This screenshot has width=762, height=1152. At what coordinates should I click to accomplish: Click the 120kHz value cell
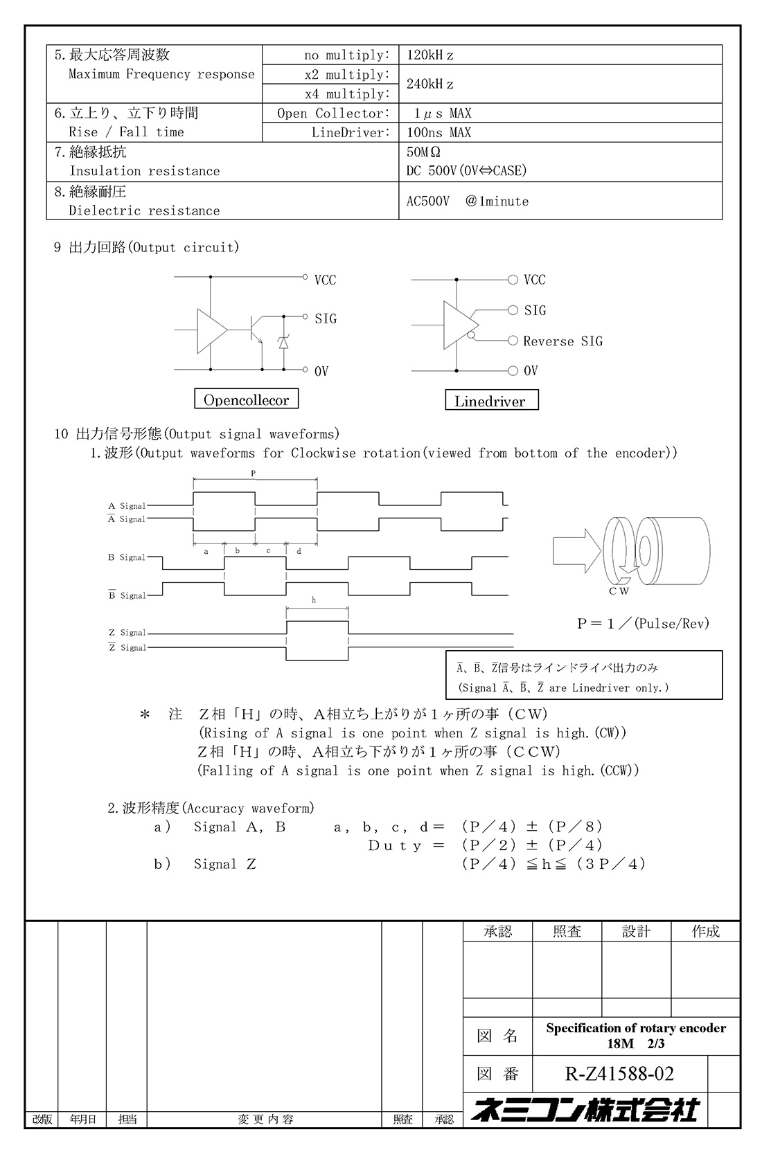[430, 55]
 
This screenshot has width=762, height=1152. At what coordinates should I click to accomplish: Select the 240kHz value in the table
[430, 84]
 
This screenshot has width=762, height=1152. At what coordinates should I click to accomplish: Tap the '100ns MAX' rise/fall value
[438, 133]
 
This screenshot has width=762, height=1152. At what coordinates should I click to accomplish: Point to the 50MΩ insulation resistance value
[423, 152]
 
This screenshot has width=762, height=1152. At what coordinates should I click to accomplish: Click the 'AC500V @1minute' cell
[468, 201]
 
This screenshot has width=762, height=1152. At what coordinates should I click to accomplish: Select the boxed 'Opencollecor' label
[247, 400]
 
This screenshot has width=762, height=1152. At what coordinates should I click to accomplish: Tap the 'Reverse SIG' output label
[562, 341]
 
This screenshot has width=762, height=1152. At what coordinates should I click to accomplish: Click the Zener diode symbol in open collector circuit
[283, 342]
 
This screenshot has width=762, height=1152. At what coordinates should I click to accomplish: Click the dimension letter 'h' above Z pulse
[314, 600]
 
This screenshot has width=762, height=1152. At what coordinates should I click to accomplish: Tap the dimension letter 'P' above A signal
[254, 473]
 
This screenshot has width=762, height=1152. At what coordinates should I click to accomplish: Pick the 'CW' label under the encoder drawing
[619, 591]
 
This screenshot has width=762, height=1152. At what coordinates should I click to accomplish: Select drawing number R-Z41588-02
[619, 1074]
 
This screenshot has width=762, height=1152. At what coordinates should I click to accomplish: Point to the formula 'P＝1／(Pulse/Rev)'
[644, 624]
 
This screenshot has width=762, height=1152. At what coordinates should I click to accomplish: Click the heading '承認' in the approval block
[497, 932]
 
